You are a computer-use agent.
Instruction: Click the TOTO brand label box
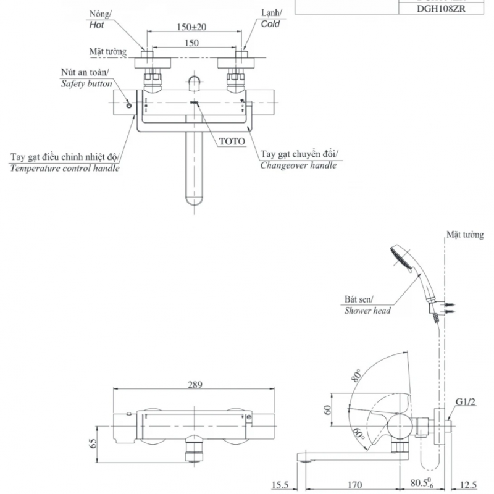tap(232, 141)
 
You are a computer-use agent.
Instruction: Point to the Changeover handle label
tap(299, 165)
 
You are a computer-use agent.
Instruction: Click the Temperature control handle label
tap(65, 168)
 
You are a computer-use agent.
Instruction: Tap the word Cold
tap(270, 23)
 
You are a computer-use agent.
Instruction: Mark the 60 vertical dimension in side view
tap(328, 409)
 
